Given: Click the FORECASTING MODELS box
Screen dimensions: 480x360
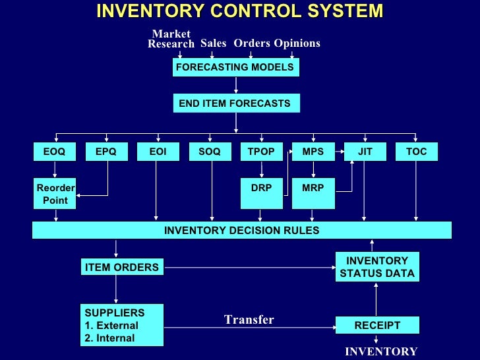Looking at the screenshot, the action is click(235, 67).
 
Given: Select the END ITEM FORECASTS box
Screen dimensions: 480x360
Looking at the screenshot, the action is click(235, 104).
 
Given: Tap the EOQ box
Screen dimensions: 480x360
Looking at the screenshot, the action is click(55, 152).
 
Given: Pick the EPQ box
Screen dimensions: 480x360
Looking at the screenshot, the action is click(106, 152).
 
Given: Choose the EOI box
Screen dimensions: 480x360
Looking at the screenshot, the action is click(158, 152).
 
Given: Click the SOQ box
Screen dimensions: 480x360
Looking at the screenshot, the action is click(210, 152).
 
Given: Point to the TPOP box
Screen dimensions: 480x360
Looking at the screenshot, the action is click(261, 152).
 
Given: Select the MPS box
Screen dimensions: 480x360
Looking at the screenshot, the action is click(313, 152).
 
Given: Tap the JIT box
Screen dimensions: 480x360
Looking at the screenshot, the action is click(365, 152).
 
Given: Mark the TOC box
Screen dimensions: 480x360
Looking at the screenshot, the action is click(416, 152).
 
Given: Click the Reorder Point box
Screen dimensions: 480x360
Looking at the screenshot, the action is click(55, 194).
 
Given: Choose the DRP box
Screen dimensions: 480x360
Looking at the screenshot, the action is click(261, 188).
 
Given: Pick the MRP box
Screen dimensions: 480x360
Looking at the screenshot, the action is click(313, 188).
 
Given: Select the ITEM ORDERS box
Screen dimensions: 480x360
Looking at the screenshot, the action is click(121, 267).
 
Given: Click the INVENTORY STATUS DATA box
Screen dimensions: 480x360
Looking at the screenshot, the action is click(376, 267).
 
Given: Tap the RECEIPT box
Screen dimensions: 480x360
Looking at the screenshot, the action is click(376, 326).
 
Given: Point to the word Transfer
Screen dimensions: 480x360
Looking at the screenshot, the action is click(249, 320).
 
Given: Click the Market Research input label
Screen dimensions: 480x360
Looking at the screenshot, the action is click(171, 39).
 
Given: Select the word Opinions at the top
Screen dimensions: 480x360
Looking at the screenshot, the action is click(297, 44).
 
